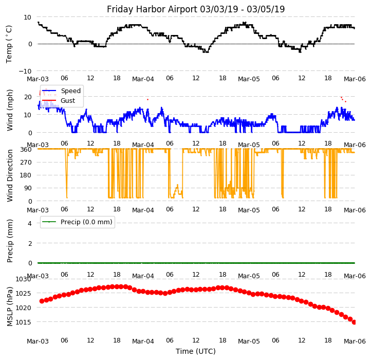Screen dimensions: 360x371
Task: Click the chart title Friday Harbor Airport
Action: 195,9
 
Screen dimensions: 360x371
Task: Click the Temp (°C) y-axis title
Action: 9,44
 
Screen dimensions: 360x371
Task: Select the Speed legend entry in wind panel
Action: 70,91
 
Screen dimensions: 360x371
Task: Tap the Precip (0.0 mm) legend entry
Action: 83,222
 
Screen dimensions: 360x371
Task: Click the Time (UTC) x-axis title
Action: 195,351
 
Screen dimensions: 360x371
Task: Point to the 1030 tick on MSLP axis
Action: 23,279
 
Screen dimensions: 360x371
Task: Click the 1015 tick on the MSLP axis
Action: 23,322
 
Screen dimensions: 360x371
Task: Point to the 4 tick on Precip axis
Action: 29,223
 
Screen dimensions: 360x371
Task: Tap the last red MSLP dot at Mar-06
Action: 354,322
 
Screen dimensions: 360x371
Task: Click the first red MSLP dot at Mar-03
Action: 42,301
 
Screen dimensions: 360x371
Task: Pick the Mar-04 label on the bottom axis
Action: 143,341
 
